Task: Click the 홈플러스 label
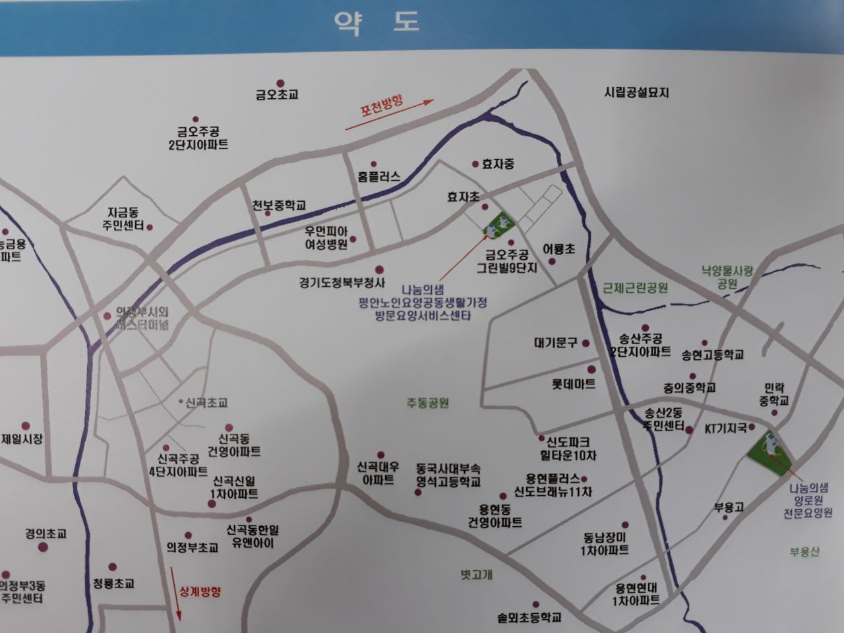click(378, 177)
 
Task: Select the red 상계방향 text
click(200, 591)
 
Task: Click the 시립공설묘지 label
click(636, 93)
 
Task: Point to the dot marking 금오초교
click(280, 83)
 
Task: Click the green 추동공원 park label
click(427, 402)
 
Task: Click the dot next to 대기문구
click(586, 344)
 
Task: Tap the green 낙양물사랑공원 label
click(727, 277)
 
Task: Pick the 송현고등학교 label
click(712, 355)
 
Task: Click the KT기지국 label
click(726, 429)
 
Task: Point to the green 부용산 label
click(804, 552)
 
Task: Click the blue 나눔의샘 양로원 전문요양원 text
click(808, 500)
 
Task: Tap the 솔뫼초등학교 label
click(529, 618)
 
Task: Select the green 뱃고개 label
click(476, 574)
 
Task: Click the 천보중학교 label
click(279, 206)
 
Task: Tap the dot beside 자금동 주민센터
click(150, 227)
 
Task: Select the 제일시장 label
click(22, 438)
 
